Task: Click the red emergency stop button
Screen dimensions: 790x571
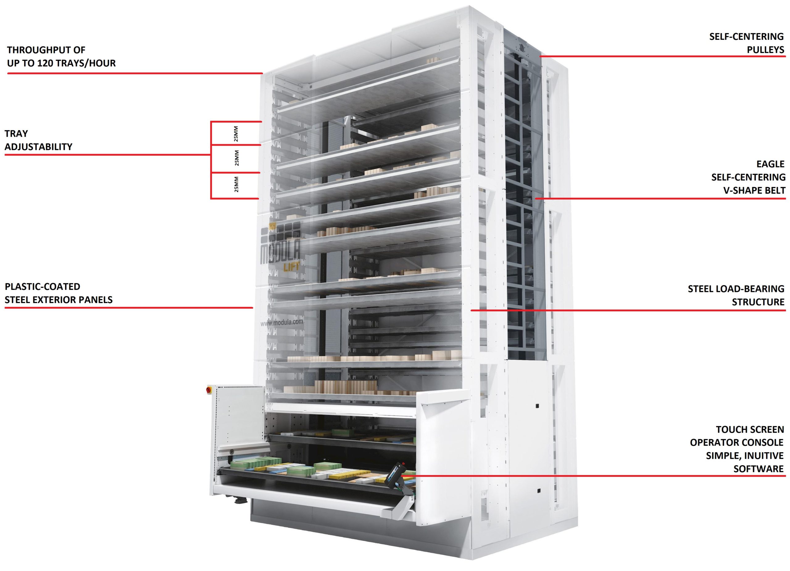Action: [209, 390]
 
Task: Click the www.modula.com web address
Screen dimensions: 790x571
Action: [282, 323]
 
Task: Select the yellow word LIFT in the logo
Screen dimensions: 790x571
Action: [292, 267]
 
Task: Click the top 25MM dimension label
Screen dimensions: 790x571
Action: [236, 134]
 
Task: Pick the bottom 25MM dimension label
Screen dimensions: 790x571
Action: [236, 184]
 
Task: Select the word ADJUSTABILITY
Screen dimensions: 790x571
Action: [38, 147]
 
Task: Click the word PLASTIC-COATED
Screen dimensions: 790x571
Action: [43, 286]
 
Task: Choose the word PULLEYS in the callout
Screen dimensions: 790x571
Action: [766, 49]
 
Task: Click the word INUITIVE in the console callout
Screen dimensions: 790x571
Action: [763, 455]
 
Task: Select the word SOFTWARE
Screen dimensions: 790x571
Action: [759, 469]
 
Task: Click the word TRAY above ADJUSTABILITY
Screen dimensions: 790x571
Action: [16, 133]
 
